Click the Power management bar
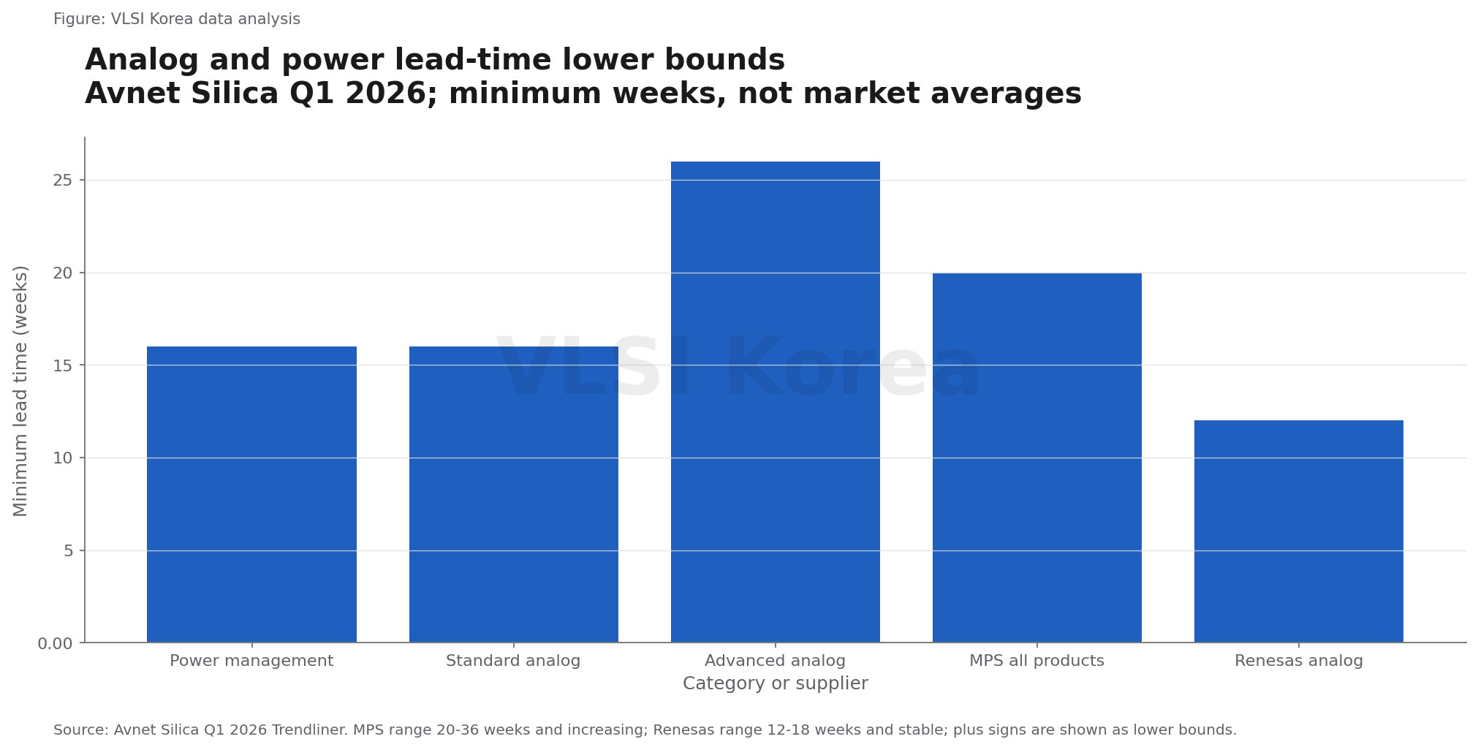point(251,494)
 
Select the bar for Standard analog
point(513,494)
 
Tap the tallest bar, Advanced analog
point(775,402)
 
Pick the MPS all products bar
point(1037,458)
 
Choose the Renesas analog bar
point(1298,531)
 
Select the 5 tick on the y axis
point(69,550)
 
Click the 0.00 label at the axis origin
point(56,643)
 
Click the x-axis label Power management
point(251,661)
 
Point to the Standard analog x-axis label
point(513,661)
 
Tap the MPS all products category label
point(1037,661)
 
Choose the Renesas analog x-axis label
point(1298,661)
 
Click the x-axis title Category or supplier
point(775,683)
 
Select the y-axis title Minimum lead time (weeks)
point(20,390)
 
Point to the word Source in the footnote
point(80,730)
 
